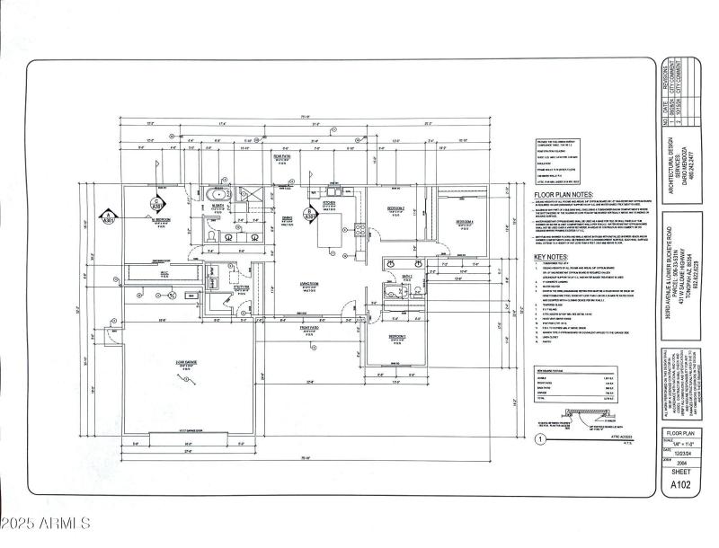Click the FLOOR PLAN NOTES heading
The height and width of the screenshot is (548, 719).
(x=563, y=194)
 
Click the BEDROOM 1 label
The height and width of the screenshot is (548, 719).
(x=397, y=337)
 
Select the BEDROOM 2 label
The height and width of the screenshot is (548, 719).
(x=396, y=208)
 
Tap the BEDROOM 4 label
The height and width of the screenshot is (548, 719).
(x=464, y=221)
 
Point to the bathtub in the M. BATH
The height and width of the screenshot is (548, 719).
(x=217, y=195)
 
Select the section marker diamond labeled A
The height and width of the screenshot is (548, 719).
(x=109, y=215)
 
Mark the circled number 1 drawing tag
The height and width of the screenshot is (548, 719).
(x=539, y=440)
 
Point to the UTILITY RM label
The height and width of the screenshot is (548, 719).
(x=240, y=287)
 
